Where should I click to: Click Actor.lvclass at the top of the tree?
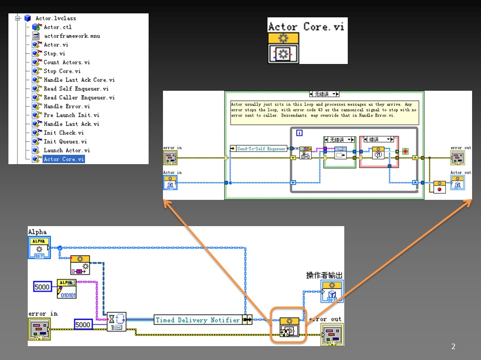point(55,18)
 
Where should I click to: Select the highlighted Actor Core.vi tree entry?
point(63,159)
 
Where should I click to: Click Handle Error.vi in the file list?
point(66,106)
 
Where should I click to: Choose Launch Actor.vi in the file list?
point(66,150)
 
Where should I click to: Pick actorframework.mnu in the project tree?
point(71,36)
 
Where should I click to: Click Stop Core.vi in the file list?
point(62,71)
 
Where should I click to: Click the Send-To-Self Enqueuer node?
point(259,148)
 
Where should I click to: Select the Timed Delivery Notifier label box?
point(198,320)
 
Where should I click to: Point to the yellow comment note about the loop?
point(324,112)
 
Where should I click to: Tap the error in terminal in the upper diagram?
point(170,158)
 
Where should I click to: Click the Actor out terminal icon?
point(457,182)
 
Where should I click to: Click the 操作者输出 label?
point(324,275)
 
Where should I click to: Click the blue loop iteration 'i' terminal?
point(299,133)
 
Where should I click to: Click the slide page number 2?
point(453,347)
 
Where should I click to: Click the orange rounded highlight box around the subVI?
point(288,325)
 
